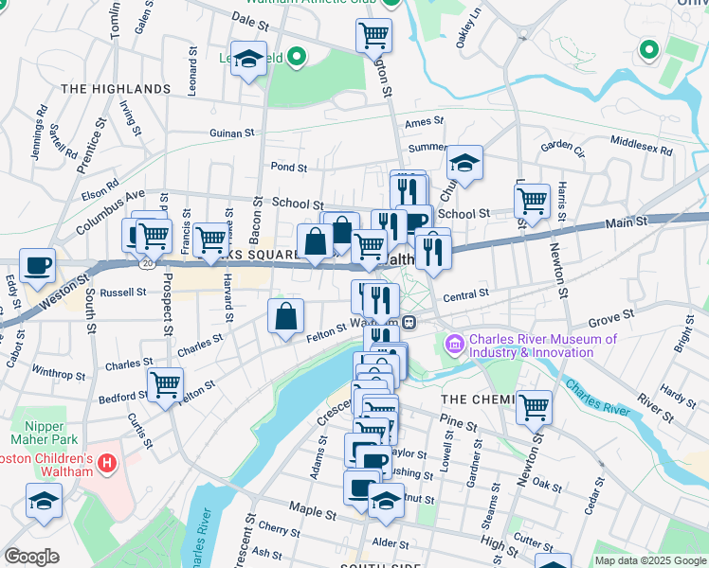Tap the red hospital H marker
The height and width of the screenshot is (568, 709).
point(107,466)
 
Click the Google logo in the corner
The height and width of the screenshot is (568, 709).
point(31,556)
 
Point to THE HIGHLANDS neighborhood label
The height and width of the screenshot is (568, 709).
point(116,89)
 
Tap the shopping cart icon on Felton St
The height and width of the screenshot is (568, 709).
point(165,385)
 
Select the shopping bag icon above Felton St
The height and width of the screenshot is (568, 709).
point(285,317)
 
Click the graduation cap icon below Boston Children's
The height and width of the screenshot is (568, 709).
point(44,500)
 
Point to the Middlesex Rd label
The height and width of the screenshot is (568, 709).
point(641,145)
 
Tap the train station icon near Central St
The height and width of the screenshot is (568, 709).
point(409,322)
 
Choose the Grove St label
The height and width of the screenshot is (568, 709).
point(609,322)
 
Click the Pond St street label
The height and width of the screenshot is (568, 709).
point(288,168)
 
